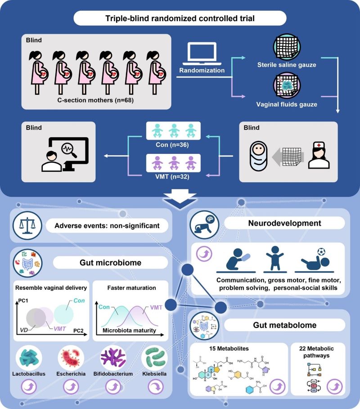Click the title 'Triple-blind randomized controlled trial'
180,18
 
